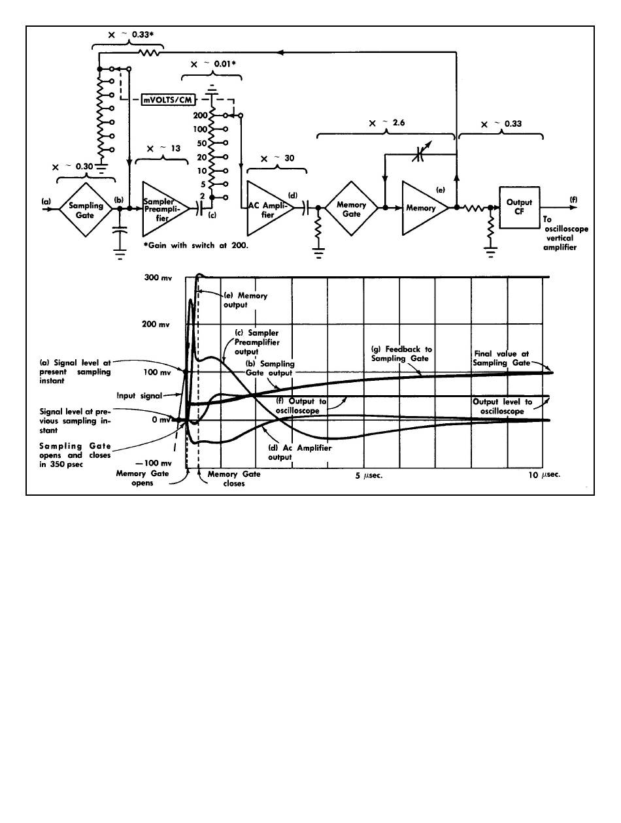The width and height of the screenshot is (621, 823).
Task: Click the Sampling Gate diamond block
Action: coord(87,208)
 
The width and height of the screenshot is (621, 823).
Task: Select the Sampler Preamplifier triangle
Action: coord(162,208)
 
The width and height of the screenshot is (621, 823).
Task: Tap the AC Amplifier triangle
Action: coord(265,208)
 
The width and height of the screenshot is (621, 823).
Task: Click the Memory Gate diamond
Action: coord(351,208)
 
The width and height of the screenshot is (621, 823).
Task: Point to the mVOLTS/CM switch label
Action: coord(168,99)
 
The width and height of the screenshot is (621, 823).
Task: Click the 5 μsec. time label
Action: coord(368,476)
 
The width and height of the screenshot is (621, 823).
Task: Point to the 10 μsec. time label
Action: coord(544,476)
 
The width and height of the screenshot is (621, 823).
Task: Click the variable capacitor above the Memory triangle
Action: coord(419,154)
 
